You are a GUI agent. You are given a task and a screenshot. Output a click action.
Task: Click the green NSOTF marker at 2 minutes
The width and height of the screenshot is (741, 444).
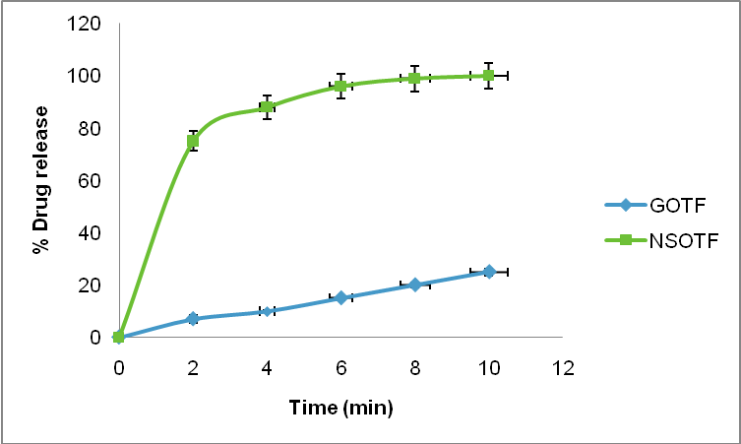193,142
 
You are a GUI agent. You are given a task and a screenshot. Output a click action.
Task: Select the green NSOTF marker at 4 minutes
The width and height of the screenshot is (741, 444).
267,107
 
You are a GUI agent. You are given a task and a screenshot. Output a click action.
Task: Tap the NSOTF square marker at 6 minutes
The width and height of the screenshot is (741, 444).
340,87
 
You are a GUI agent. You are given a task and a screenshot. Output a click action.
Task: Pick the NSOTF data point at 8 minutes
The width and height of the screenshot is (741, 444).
414,79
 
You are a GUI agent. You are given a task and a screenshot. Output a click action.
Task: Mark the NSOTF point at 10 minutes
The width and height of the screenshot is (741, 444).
488,76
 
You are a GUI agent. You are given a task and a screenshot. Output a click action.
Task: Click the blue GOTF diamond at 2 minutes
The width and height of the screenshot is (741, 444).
193,319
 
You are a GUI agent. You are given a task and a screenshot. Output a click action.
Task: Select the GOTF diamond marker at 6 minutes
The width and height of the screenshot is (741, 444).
340,297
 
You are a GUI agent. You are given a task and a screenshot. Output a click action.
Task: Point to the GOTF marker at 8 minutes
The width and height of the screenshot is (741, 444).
414,285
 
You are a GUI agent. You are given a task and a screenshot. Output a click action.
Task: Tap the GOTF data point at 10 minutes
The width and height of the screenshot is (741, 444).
488,272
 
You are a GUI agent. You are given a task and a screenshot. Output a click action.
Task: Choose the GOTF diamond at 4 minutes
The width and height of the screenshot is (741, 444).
267,311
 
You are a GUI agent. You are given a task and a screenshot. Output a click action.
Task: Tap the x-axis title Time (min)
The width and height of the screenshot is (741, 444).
340,407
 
